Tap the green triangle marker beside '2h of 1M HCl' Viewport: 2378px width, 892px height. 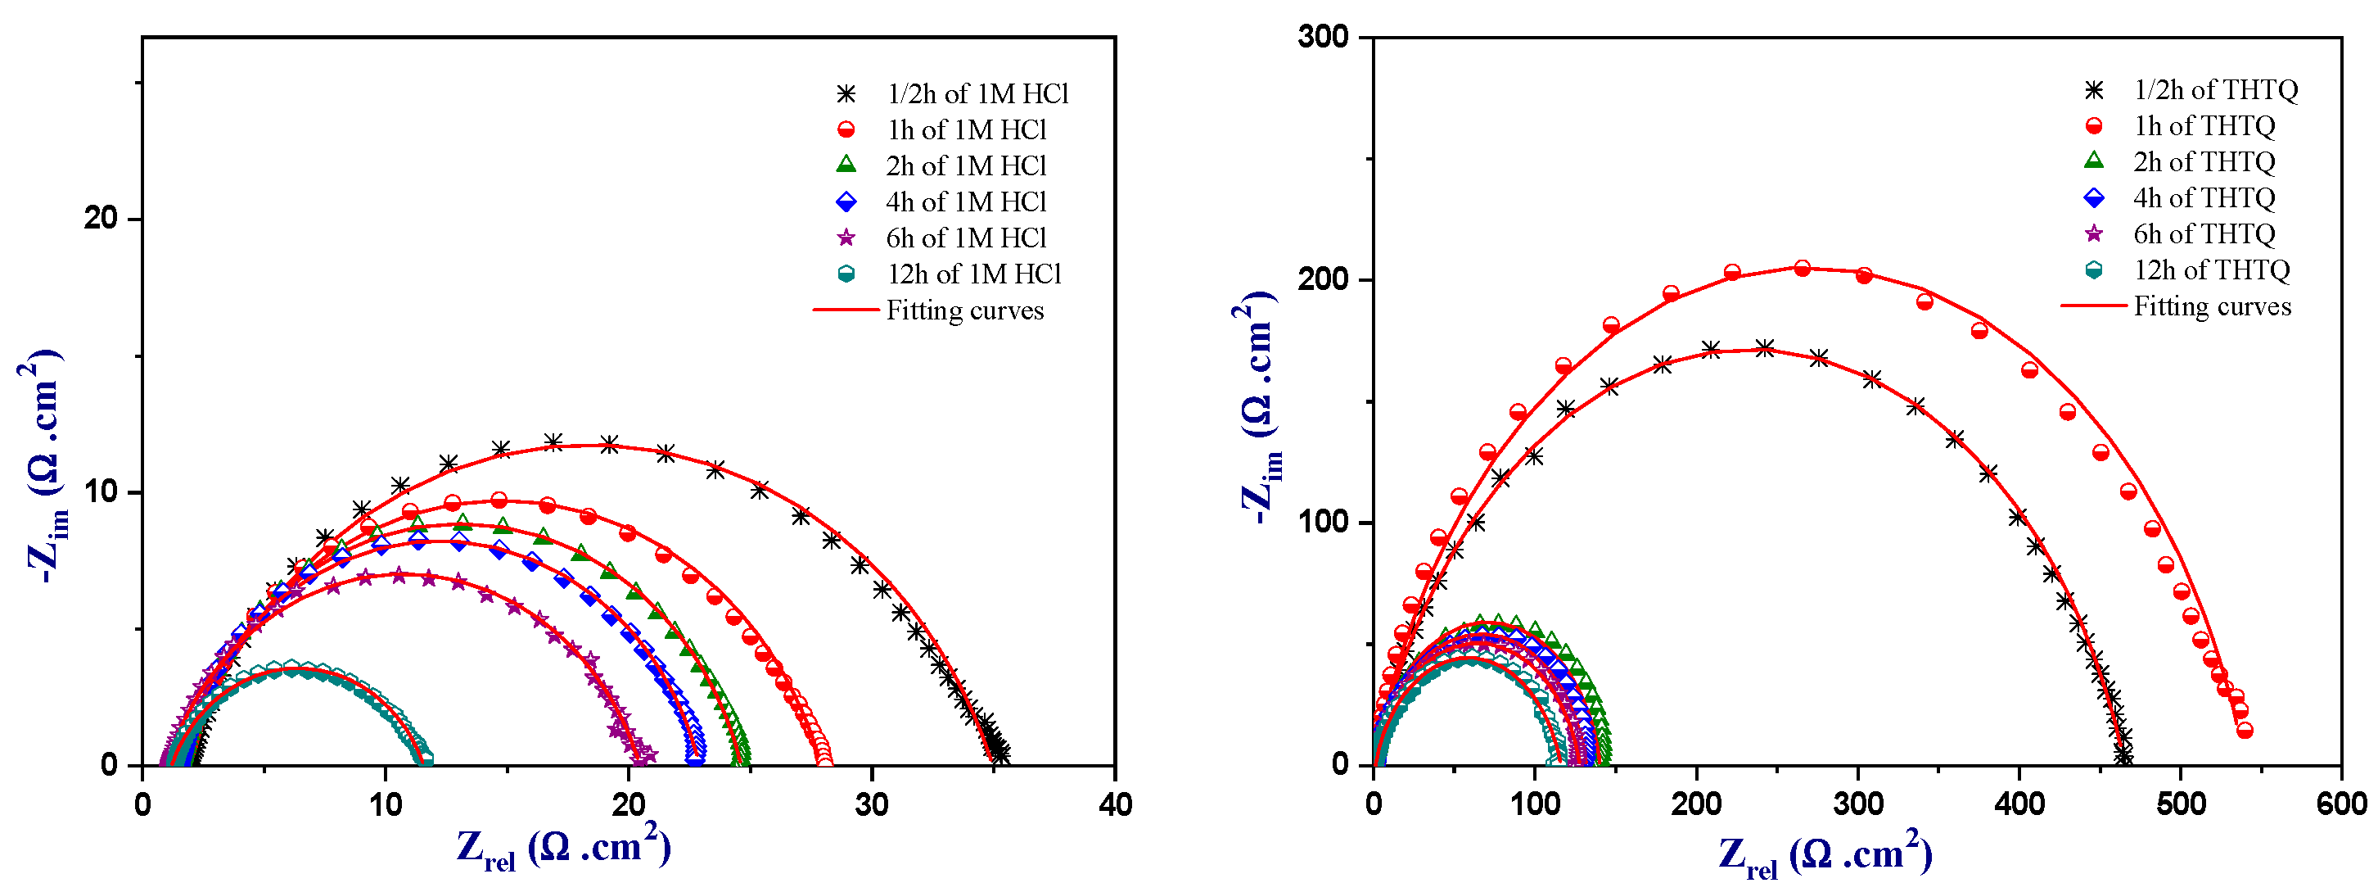coord(846,165)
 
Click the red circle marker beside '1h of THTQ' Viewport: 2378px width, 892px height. coord(2094,125)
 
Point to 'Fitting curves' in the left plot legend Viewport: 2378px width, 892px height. coord(964,310)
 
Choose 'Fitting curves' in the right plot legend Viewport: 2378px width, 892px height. coord(2212,306)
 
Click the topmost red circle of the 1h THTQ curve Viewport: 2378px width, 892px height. coord(1802,269)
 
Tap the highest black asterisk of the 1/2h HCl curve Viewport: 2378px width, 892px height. coord(553,442)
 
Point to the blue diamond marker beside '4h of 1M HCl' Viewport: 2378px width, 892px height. coord(846,201)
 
